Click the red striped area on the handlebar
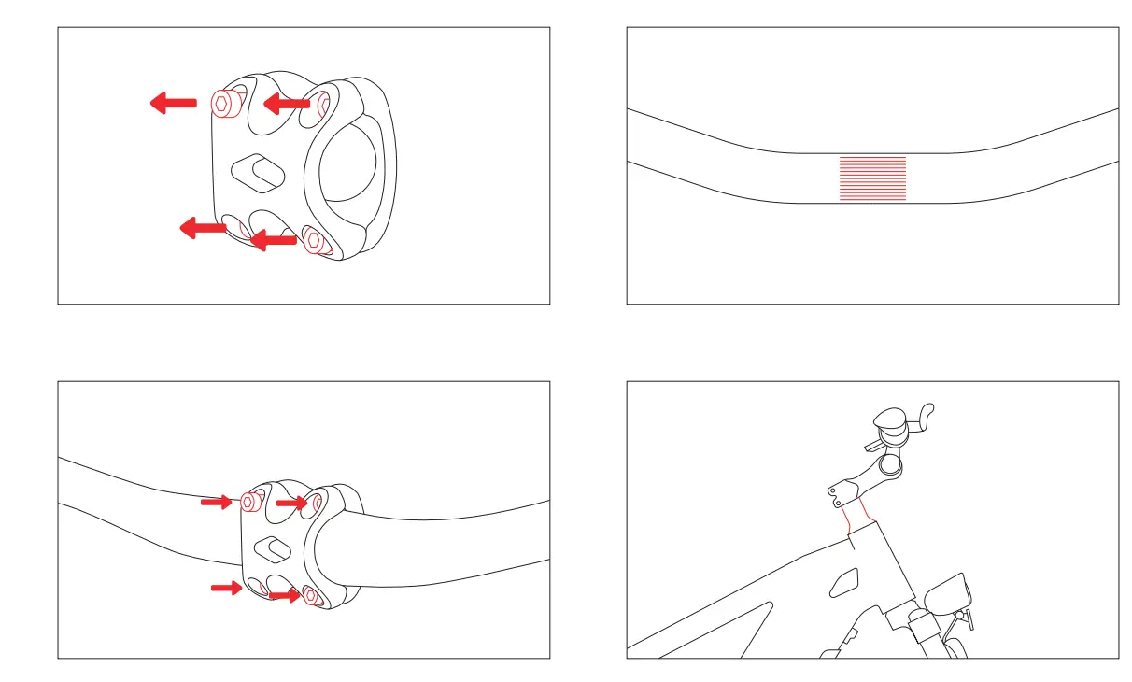click(872, 178)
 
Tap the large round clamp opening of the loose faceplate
click(349, 169)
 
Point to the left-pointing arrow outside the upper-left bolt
click(174, 102)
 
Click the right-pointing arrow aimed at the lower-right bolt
click(284, 595)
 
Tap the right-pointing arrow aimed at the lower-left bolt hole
click(225, 588)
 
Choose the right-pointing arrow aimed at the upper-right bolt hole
click(291, 504)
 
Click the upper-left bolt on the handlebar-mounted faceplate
click(249, 502)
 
